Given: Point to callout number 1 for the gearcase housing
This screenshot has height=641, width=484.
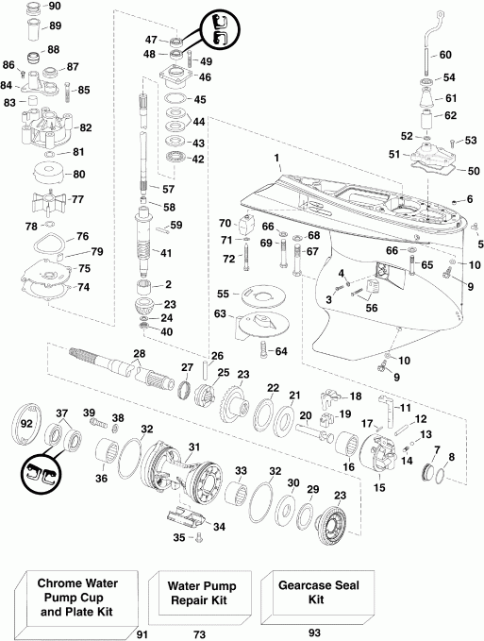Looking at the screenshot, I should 277,156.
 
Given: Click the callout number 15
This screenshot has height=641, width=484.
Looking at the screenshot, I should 381,487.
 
